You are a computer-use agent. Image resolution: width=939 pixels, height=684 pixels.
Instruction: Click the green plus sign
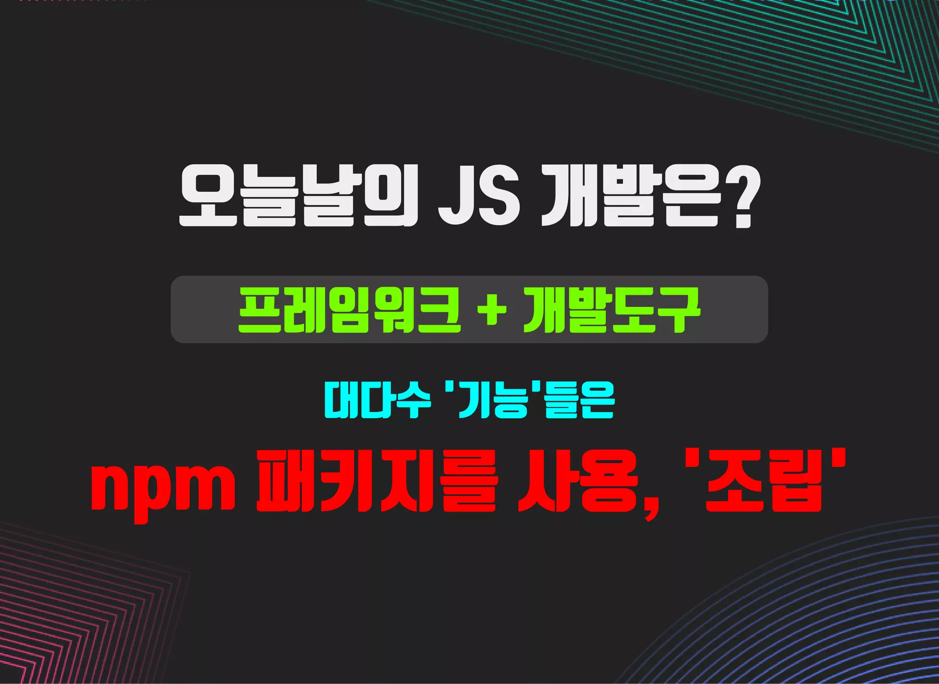tap(492, 310)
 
